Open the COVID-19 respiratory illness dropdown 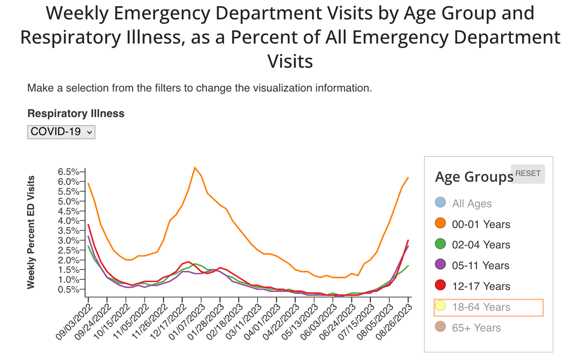click(x=61, y=132)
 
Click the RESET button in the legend click(x=528, y=173)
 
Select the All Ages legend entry click(x=471, y=203)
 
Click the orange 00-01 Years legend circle click(x=440, y=224)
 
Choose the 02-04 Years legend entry click(x=481, y=245)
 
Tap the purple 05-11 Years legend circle click(x=440, y=265)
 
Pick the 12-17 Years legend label click(x=481, y=286)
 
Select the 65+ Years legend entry click(x=476, y=328)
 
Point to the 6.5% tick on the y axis click(x=69, y=172)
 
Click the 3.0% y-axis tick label click(x=69, y=240)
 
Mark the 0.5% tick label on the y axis click(x=69, y=289)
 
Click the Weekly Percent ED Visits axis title click(x=31, y=232)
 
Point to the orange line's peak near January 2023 click(x=195, y=167)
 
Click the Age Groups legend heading click(x=474, y=177)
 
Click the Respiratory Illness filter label click(x=76, y=113)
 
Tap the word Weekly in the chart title click(x=80, y=13)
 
